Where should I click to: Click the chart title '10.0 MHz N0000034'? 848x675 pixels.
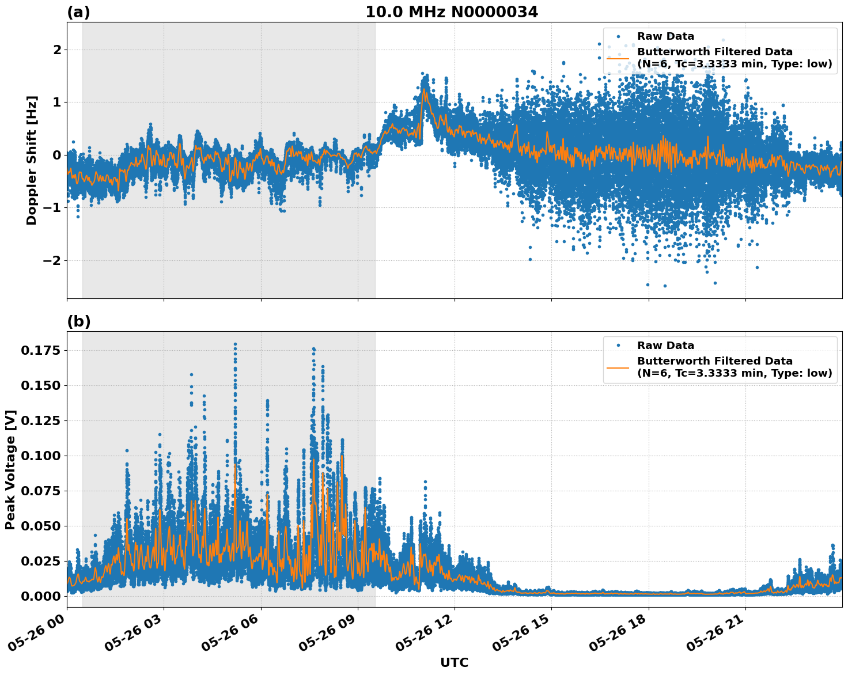pyautogui.click(x=452, y=12)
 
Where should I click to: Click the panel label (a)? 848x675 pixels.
pyautogui.click(x=78, y=12)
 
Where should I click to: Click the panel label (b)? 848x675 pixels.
pyautogui.click(x=78, y=321)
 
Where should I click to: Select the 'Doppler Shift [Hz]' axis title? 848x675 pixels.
pyautogui.click(x=32, y=160)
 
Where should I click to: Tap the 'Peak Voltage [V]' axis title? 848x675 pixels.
pyautogui.click(x=10, y=469)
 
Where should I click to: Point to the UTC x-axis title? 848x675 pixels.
pyautogui.click(x=454, y=662)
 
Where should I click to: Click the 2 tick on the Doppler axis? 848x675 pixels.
pyautogui.click(x=56, y=50)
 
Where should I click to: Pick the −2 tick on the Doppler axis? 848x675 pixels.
pyautogui.click(x=52, y=260)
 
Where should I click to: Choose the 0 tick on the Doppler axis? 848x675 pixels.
pyautogui.click(x=56, y=155)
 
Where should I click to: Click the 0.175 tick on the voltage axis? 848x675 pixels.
pyautogui.click(x=40, y=350)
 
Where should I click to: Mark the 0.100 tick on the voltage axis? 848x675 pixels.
pyautogui.click(x=40, y=456)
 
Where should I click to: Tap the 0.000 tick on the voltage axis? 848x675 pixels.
pyautogui.click(x=40, y=596)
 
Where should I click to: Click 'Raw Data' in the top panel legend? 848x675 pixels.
pyautogui.click(x=665, y=37)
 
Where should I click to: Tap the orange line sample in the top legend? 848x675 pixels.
pyautogui.click(x=618, y=58)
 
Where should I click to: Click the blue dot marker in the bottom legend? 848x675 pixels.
pyautogui.click(x=618, y=346)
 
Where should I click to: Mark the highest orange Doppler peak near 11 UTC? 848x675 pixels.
pyautogui.click(x=424, y=89)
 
